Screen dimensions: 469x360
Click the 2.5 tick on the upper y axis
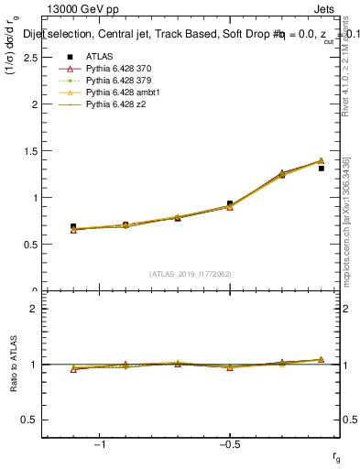[31, 57]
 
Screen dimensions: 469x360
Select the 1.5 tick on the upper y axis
[31, 150]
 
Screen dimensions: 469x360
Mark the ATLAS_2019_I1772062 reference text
[191, 274]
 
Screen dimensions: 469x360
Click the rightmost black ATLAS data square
[322, 169]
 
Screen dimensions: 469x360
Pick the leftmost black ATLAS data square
[73, 226]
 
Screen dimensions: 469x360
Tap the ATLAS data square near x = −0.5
[230, 203]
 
